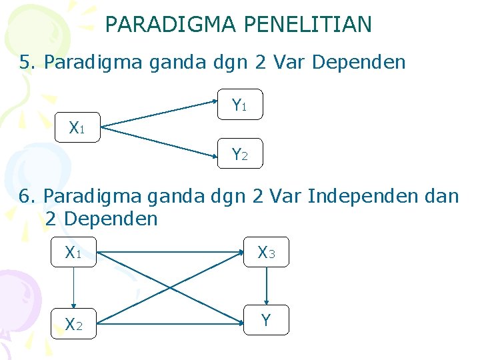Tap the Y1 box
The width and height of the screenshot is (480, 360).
coord(240,105)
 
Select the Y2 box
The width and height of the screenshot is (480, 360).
coord(240,154)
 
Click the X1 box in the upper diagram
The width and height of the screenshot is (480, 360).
coord(77,127)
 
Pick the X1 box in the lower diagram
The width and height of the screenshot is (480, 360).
coord(73,253)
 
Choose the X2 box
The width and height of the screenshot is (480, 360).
coord(73,323)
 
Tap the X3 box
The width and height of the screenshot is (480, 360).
coord(266,252)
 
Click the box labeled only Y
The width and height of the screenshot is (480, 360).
coord(266,321)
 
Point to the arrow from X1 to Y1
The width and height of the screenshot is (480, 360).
coord(160,114)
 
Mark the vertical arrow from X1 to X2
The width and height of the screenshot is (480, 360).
coord(73,287)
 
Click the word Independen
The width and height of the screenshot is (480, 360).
coord(346,196)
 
